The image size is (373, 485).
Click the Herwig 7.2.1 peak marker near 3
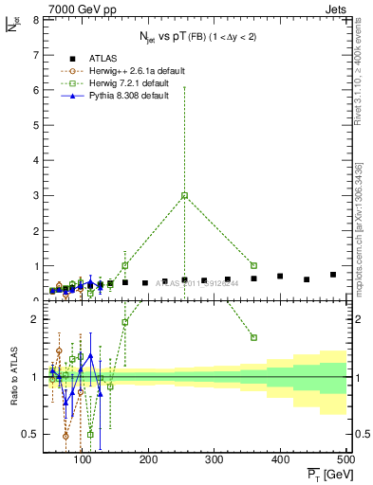pyautogui.click(x=184, y=195)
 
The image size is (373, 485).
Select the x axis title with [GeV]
pyautogui.click(x=326, y=474)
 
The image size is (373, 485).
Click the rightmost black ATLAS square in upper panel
pyautogui.click(x=333, y=275)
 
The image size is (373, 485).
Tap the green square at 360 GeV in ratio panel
pyautogui.click(x=253, y=337)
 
